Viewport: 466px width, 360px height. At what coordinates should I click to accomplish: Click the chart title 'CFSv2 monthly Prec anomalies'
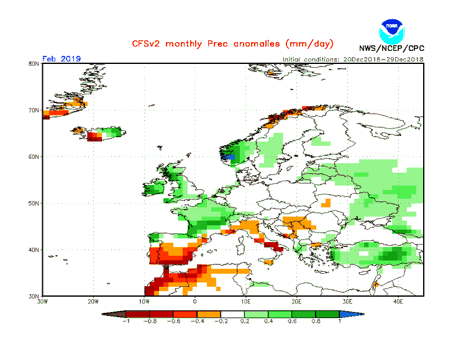(x=232, y=44)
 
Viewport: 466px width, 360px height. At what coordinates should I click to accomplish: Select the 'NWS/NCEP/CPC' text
(x=391, y=48)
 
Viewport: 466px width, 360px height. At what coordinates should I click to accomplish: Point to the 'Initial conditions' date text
(x=353, y=59)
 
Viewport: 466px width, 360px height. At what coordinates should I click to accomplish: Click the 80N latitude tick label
(x=34, y=63)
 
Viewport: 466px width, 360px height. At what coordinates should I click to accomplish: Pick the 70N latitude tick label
(x=34, y=110)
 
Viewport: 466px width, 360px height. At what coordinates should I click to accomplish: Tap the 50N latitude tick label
(x=34, y=203)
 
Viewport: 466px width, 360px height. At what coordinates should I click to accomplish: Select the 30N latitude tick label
(x=34, y=296)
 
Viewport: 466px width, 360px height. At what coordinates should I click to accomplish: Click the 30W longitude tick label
(x=42, y=302)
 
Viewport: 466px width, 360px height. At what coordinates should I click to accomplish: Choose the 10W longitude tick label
(x=144, y=302)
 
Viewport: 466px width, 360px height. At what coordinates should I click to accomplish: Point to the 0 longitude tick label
(x=195, y=302)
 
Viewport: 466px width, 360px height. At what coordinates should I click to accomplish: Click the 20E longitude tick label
(x=297, y=302)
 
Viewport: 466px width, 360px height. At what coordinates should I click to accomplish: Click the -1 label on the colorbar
(x=126, y=322)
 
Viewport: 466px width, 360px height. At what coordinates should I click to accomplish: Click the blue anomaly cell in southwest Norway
(x=232, y=158)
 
